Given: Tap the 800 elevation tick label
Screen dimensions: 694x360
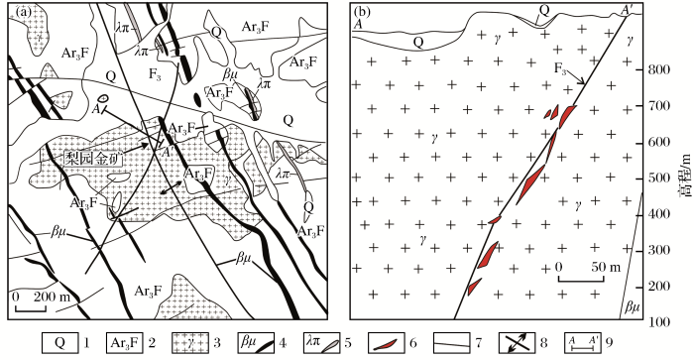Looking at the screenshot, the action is click(657, 69).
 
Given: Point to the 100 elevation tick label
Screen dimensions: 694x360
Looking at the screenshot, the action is click(657, 322).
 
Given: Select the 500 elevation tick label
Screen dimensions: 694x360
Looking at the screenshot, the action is click(657, 179).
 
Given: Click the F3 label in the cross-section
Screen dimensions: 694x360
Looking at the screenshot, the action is click(560, 68).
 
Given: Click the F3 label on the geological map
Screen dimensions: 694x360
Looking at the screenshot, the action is click(155, 74).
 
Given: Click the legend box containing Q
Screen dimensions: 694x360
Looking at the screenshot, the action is click(59, 343).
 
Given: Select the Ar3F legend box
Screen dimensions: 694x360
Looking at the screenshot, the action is click(124, 343).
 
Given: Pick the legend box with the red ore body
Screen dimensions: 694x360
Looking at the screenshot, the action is click(386, 343).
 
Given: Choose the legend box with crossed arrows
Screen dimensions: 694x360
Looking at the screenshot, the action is click(517, 343).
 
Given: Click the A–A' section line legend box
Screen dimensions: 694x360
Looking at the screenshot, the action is click(582, 343).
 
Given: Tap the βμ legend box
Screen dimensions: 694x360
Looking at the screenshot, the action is click(256, 343).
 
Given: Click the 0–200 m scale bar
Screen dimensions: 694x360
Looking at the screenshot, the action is click(31, 307).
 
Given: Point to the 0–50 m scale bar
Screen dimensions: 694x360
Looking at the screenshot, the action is click(581, 278).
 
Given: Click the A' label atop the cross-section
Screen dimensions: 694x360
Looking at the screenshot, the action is click(626, 10).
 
